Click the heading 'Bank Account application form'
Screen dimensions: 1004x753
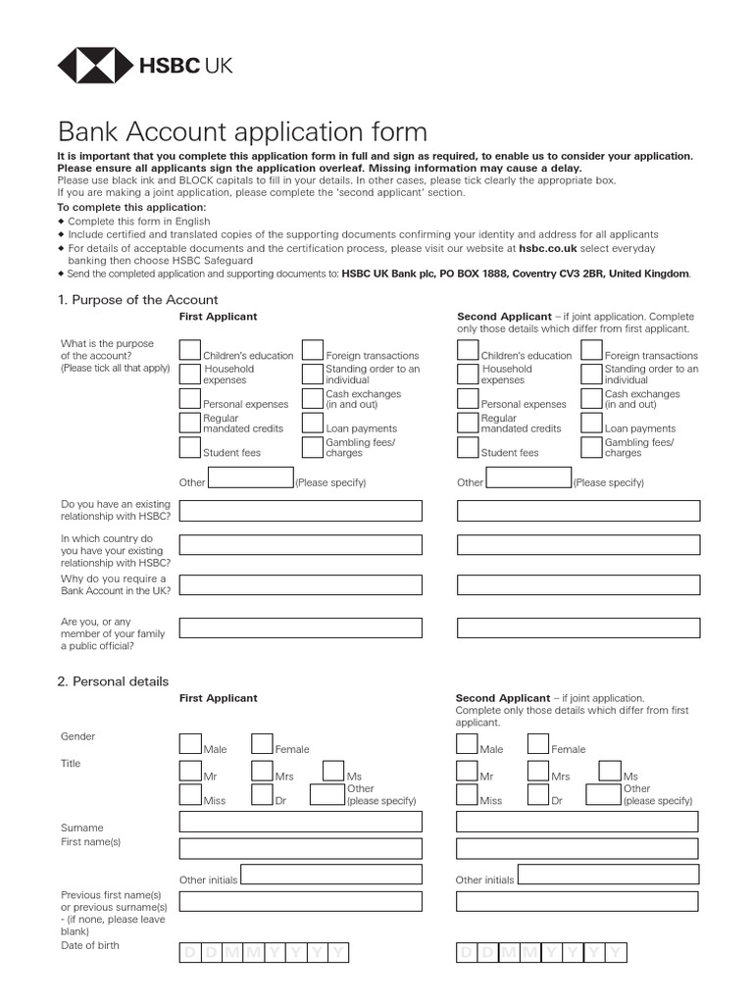pos(243,132)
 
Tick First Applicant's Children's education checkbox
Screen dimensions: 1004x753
pos(190,350)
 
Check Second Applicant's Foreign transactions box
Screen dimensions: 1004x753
pos(591,350)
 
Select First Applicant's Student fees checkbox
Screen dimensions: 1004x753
pos(190,448)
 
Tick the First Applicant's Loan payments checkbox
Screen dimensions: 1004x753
pos(313,424)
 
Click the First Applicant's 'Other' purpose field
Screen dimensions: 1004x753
pos(251,478)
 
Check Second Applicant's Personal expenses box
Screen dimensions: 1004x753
pos(468,399)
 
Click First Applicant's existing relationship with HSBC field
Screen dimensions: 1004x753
pos(300,511)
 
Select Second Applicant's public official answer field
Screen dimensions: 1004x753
pos(578,627)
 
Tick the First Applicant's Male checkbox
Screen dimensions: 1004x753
pos(190,744)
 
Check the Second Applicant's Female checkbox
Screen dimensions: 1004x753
pos(538,744)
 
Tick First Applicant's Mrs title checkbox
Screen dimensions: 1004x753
pos(262,772)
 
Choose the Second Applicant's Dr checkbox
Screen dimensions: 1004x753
pos(538,795)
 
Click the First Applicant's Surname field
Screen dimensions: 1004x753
pos(300,822)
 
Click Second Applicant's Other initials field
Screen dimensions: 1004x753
pos(608,875)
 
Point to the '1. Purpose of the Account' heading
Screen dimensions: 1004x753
pos(137,300)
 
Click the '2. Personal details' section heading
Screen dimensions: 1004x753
pos(113,681)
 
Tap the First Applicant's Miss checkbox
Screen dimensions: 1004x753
pos(190,795)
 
